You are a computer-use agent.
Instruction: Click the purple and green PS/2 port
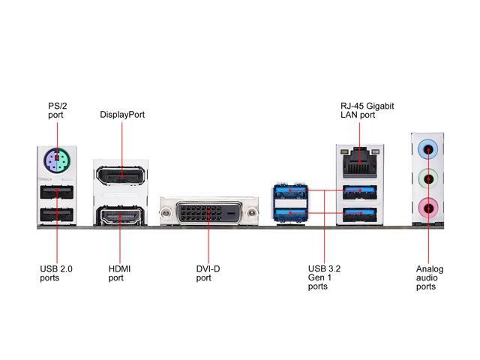pyautogui.click(x=57, y=160)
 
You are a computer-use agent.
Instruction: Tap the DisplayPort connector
pyautogui.click(x=120, y=175)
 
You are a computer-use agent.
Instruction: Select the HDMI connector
pyautogui.click(x=120, y=217)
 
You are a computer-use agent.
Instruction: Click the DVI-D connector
pyautogui.click(x=209, y=212)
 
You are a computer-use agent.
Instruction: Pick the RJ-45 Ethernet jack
pyautogui.click(x=360, y=163)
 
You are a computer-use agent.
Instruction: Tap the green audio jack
pyautogui.click(x=428, y=179)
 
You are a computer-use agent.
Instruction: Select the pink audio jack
pyautogui.click(x=428, y=208)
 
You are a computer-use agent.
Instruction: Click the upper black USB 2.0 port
pyautogui.click(x=57, y=192)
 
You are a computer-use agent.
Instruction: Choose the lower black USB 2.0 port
pyautogui.click(x=57, y=214)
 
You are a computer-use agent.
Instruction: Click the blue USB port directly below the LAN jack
pyautogui.click(x=360, y=192)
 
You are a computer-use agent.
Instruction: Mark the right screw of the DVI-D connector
pyautogui.click(x=252, y=212)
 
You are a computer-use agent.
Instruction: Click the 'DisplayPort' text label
pyautogui.click(x=122, y=115)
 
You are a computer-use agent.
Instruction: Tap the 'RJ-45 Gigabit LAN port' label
pyautogui.click(x=367, y=110)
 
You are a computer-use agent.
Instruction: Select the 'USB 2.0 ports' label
pyautogui.click(x=56, y=273)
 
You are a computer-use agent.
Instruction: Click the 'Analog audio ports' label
pyautogui.click(x=430, y=277)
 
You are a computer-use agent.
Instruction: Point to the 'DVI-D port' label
pyautogui.click(x=208, y=273)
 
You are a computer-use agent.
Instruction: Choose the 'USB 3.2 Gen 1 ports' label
pyautogui.click(x=324, y=277)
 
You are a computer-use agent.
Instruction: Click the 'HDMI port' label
pyautogui.click(x=119, y=273)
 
